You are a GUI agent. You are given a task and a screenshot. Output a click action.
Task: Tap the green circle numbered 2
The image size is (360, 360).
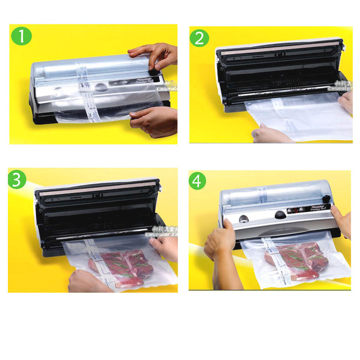(x=200, y=38)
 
